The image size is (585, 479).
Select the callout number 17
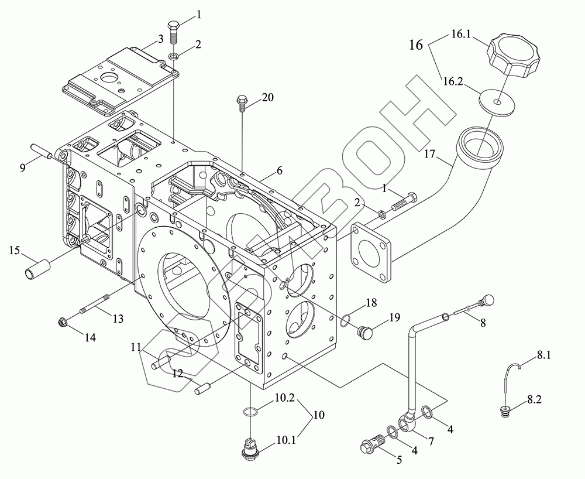(430, 153)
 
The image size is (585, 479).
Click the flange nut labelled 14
(63, 321)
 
